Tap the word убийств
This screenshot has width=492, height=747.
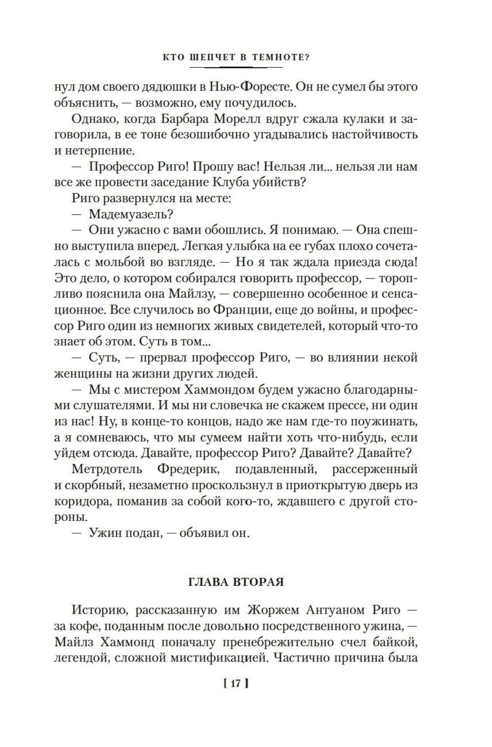[279, 182]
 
